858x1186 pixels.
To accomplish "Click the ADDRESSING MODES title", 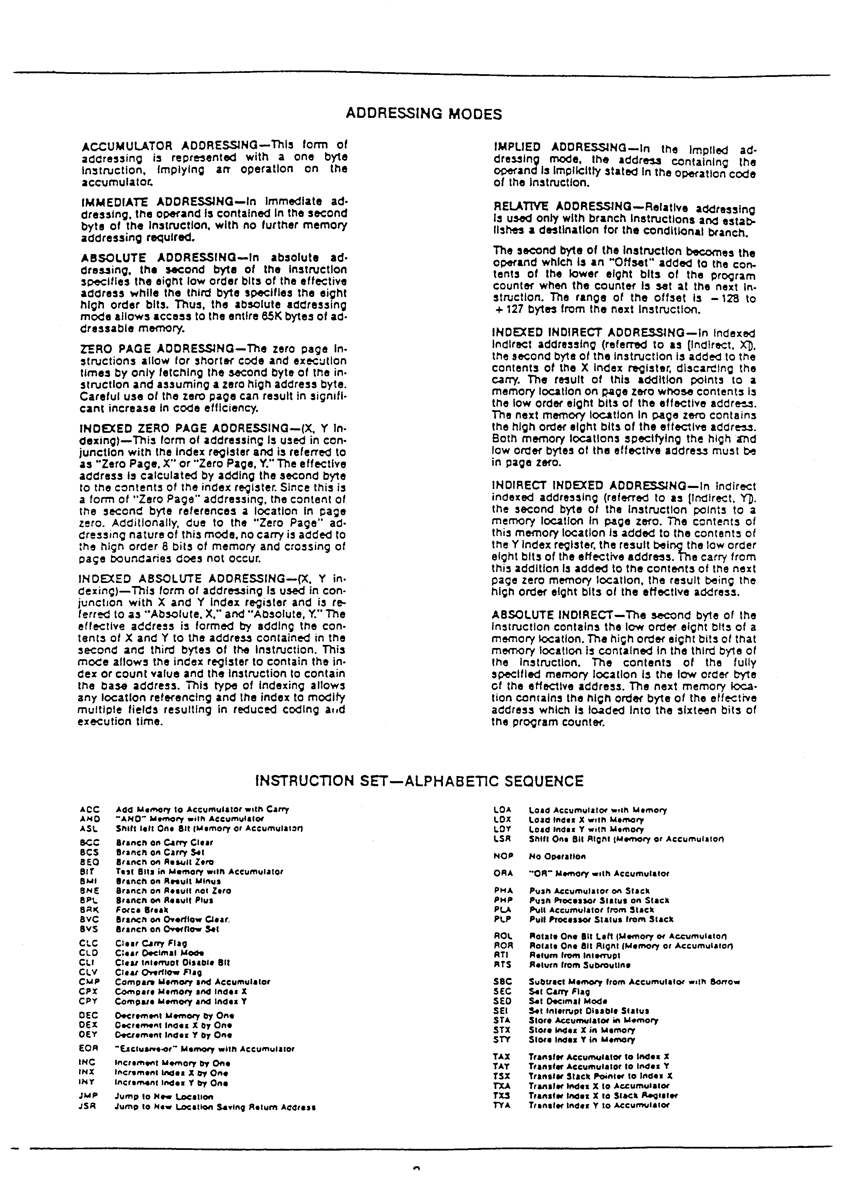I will (x=424, y=114).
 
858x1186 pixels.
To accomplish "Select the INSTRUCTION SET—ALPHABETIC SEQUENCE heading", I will (x=419, y=781).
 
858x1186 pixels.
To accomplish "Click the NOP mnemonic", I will (x=503, y=856).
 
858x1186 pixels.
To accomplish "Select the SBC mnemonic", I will (x=502, y=982).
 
